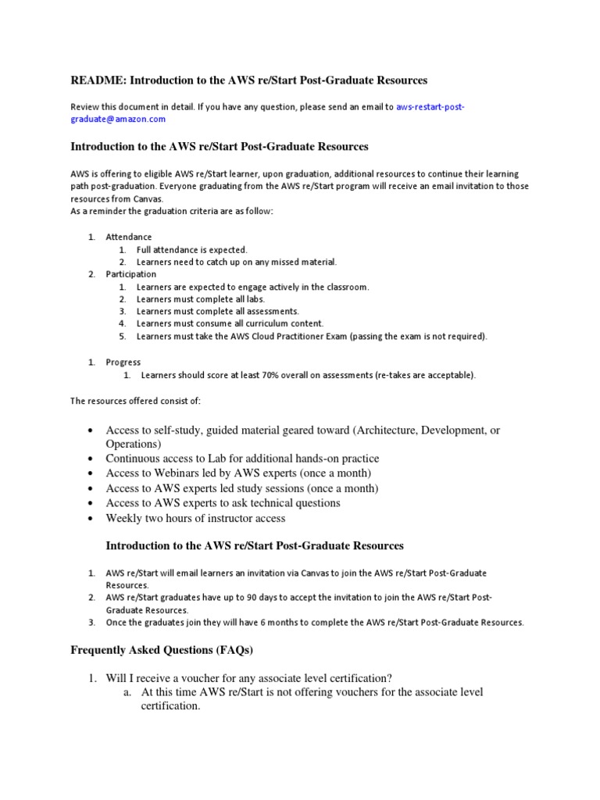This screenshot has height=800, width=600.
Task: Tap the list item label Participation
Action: [x=131, y=274]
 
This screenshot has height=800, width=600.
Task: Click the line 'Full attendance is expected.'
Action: [x=191, y=249]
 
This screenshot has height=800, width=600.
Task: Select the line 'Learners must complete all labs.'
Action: [x=200, y=299]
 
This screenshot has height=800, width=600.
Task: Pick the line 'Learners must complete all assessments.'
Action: [x=217, y=311]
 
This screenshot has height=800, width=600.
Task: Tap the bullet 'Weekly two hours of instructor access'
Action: [x=195, y=518]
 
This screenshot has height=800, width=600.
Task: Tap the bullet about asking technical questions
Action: [x=223, y=503]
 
